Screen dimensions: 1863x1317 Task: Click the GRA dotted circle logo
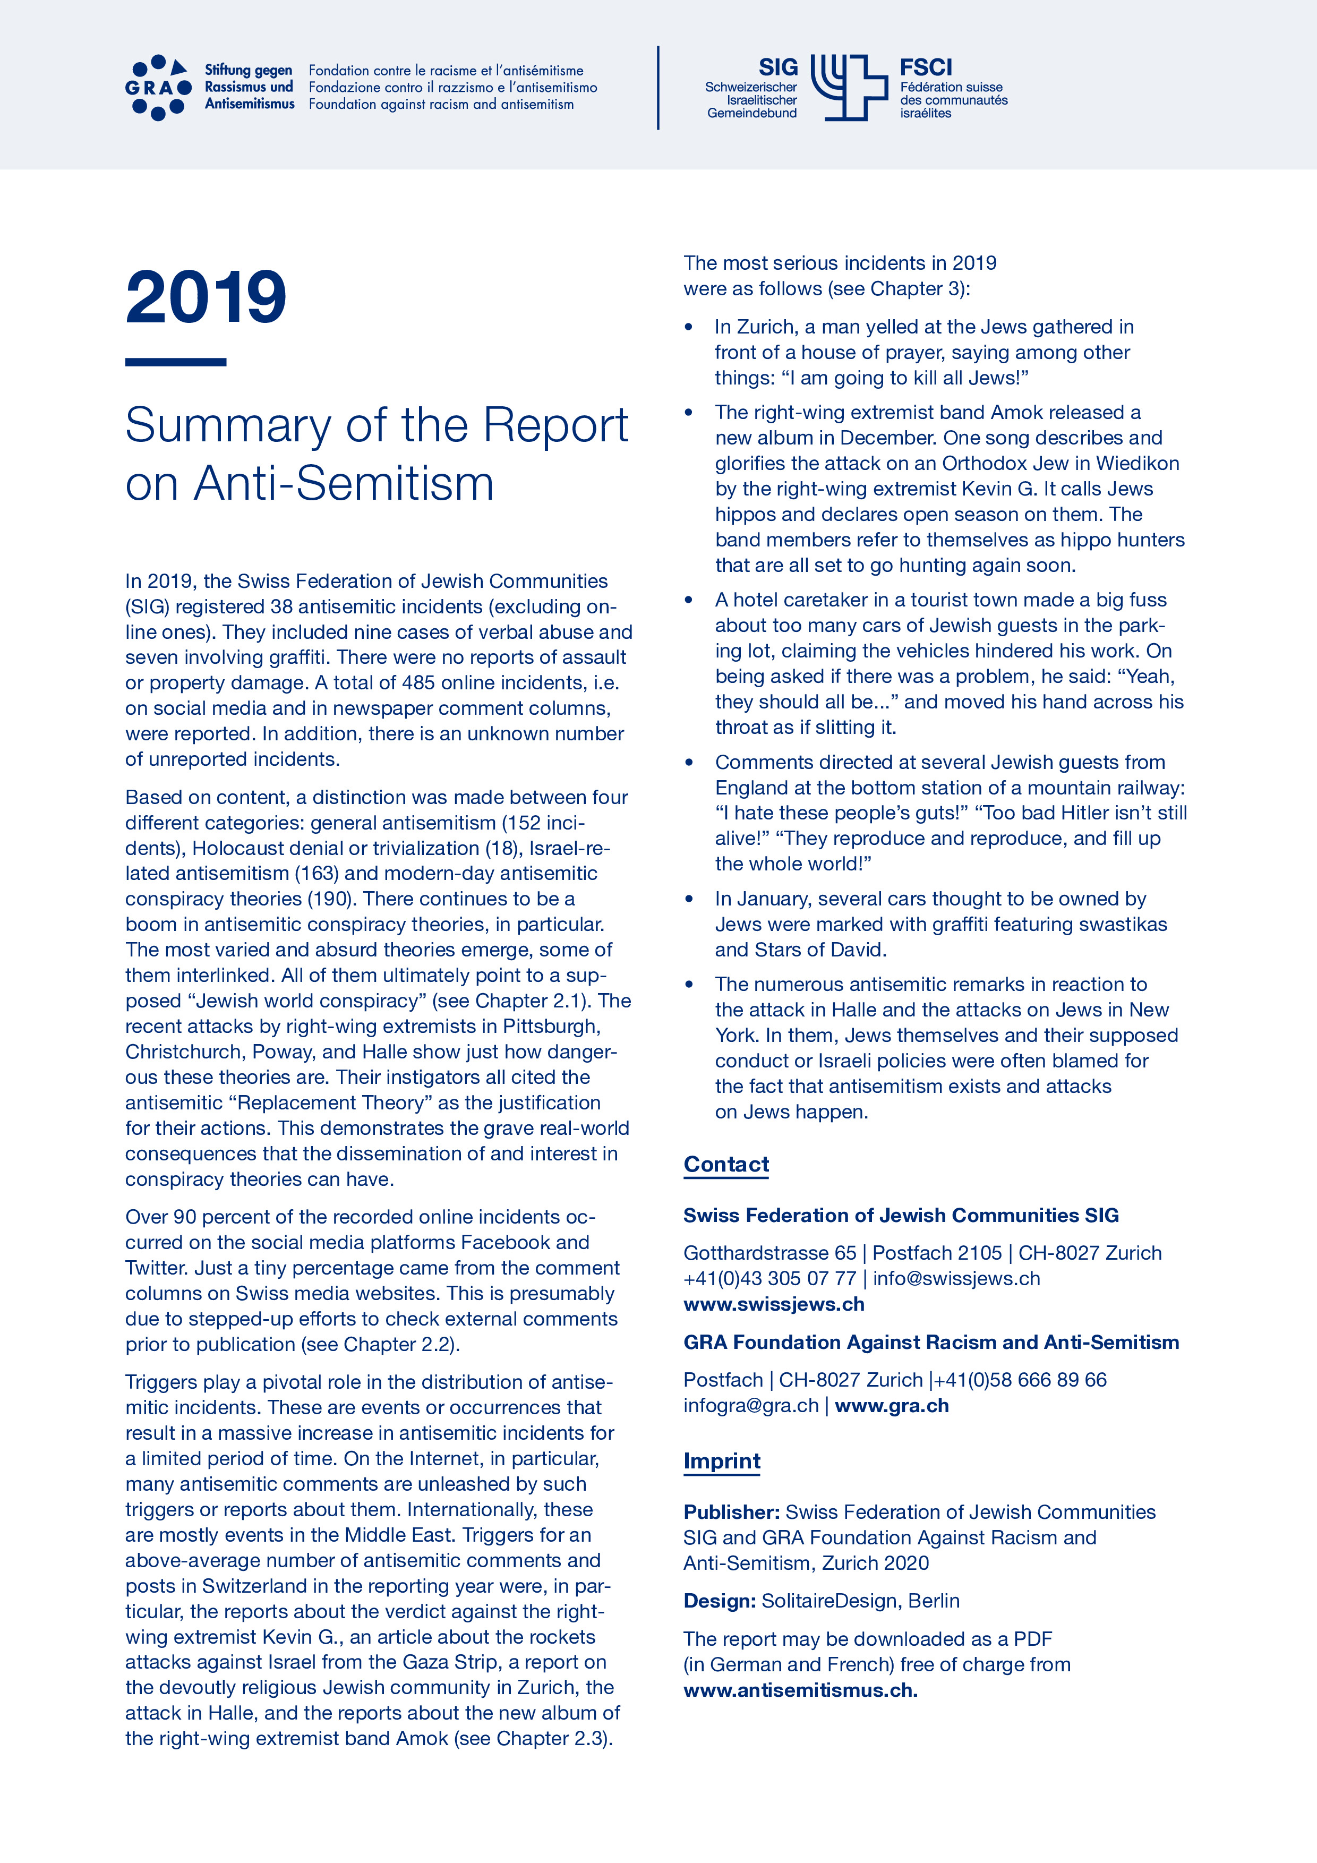point(158,88)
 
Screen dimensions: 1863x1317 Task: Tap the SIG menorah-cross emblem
point(849,88)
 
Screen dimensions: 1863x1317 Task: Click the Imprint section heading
point(721,1462)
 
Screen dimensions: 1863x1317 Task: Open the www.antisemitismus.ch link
point(800,1690)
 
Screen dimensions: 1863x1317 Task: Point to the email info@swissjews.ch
point(956,1279)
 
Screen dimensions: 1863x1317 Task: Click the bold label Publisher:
point(731,1512)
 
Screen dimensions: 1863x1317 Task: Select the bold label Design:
point(719,1601)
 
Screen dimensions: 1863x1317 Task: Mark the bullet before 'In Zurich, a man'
point(689,327)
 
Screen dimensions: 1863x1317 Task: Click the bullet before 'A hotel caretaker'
point(689,601)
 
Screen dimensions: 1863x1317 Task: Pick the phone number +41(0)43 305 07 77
point(769,1279)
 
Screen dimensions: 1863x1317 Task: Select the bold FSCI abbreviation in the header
point(925,67)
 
